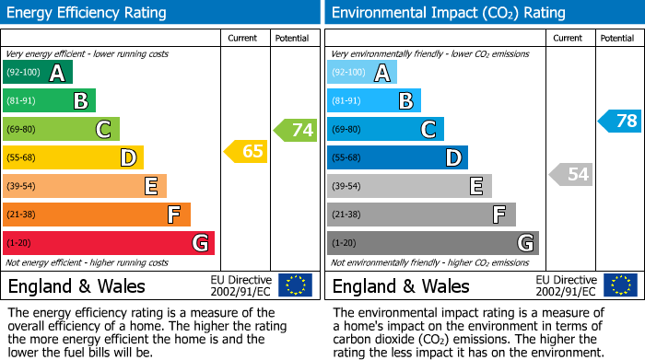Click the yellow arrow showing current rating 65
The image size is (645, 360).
click(247, 152)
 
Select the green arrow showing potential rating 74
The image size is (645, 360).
click(296, 130)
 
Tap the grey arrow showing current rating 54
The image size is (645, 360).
click(571, 174)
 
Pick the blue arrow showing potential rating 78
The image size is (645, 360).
click(620, 121)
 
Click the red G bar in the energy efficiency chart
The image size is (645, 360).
click(109, 243)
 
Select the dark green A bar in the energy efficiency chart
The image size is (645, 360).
click(38, 73)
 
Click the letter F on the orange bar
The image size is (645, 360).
click(173, 215)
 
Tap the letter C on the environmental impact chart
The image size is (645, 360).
click(428, 130)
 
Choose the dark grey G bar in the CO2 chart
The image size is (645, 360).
click(433, 243)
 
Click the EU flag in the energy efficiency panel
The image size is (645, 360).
click(295, 285)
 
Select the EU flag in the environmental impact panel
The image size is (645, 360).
click(619, 285)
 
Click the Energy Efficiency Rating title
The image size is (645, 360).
click(88, 13)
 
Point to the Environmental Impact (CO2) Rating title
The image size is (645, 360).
click(448, 13)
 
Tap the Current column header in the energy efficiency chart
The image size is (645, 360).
click(242, 38)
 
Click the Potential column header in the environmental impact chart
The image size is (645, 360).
click(616, 38)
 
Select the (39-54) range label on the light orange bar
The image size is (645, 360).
click(21, 187)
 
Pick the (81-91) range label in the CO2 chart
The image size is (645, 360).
click(346, 101)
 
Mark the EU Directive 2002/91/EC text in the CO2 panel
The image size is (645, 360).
click(567, 285)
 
